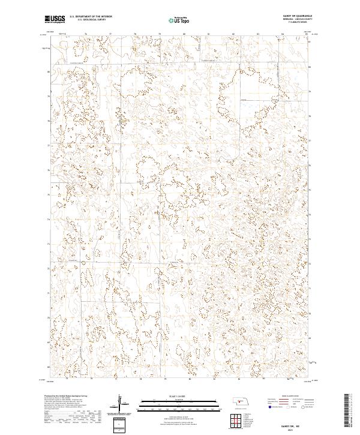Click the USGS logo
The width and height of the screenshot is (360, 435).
(x=55, y=20)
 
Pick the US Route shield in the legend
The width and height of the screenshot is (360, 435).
(x=287, y=406)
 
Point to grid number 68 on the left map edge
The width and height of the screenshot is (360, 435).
(x=48, y=365)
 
